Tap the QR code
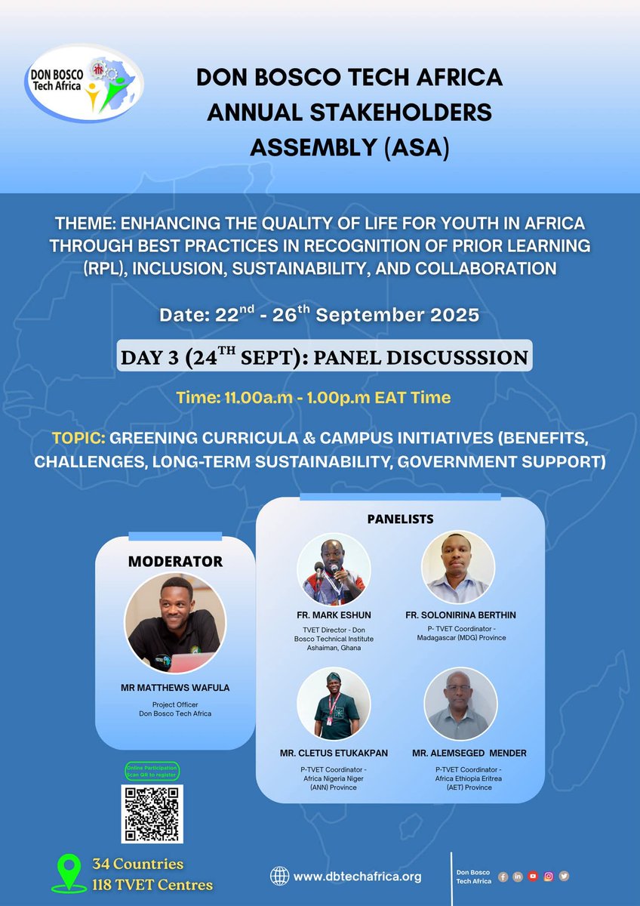(152, 813)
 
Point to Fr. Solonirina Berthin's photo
(458, 566)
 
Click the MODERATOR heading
(175, 562)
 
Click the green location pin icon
(69, 874)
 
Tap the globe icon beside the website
(280, 876)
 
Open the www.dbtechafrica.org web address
(357, 877)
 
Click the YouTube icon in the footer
(533, 876)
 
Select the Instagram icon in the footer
(549, 876)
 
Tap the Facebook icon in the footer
(503, 876)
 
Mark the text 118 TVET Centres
(152, 884)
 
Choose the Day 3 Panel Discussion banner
(324, 356)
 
